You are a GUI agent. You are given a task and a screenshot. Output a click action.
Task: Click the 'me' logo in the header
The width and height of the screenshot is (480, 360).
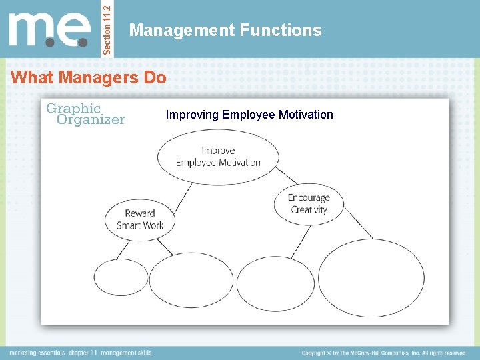(x=50, y=31)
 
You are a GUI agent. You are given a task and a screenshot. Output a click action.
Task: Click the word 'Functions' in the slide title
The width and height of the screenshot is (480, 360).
(x=287, y=30)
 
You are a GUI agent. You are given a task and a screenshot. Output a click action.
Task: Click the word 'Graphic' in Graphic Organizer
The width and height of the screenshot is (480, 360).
(x=73, y=108)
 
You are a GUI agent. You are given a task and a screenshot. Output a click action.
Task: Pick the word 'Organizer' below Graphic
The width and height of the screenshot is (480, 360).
(x=91, y=120)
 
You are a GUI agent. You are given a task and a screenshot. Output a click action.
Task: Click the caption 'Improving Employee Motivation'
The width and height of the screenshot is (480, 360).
(x=249, y=115)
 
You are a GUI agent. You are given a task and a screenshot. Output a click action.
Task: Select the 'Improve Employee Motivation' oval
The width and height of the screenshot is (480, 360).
(x=218, y=157)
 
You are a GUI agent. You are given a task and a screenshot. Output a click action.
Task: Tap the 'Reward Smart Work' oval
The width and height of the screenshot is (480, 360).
(x=140, y=219)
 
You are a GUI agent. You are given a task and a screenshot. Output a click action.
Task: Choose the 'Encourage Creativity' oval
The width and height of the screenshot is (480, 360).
(x=309, y=203)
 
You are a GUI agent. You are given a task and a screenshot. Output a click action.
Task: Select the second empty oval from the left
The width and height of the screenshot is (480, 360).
(x=191, y=281)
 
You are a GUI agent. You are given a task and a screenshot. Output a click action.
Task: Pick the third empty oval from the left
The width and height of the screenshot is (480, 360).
(x=275, y=283)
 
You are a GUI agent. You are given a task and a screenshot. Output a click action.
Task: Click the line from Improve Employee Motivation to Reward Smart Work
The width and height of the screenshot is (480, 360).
(x=181, y=193)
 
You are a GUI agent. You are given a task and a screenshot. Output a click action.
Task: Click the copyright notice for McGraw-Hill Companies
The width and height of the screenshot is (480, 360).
(x=383, y=353)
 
